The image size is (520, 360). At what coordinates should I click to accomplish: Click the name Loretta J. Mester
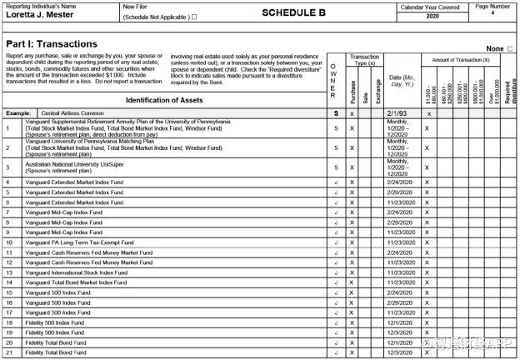coord(40,15)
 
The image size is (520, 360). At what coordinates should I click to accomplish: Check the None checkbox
coord(510,49)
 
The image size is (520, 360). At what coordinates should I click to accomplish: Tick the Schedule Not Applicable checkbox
coord(194,16)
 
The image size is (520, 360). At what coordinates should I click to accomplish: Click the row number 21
coord(8,352)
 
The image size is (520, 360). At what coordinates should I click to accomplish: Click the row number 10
coord(8,242)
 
